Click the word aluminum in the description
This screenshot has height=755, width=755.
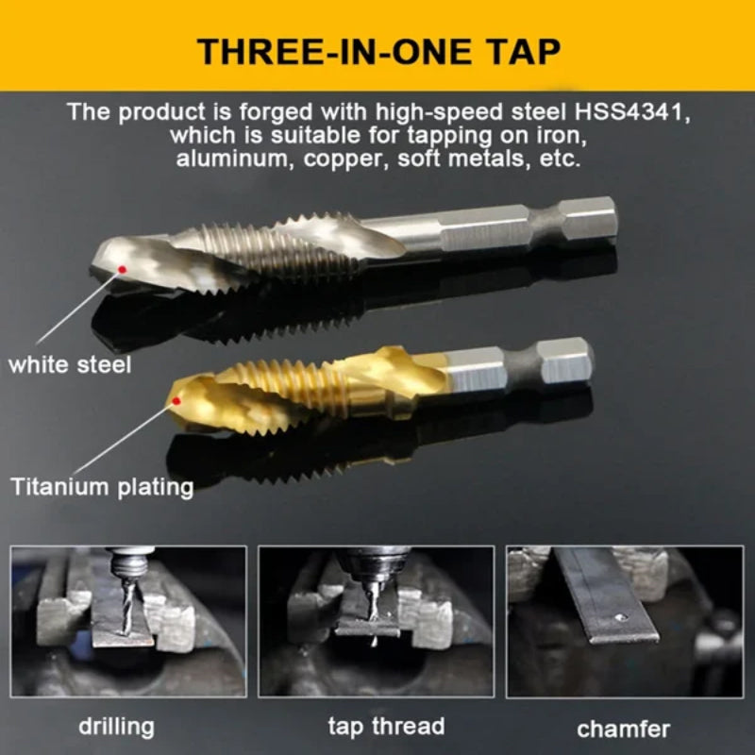pos(236,159)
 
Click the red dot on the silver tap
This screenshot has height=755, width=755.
pos(122,271)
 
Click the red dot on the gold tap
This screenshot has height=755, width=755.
pos(176,402)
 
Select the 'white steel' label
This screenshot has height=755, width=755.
pos(70,363)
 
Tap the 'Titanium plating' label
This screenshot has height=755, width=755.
pos(102,487)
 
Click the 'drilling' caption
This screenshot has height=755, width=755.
pos(116,726)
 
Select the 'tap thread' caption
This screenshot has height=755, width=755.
pos(386,726)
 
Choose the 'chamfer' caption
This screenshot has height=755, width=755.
pos(624,728)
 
